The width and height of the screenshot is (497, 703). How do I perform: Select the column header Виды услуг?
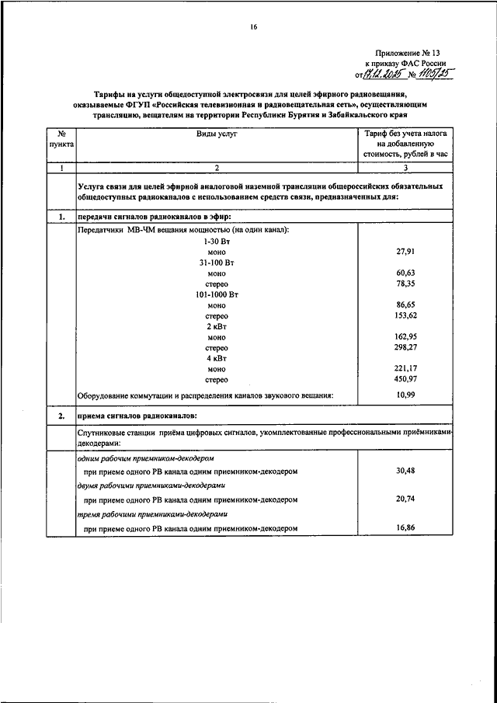click(x=217, y=134)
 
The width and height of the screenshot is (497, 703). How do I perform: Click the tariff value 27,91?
click(x=406, y=252)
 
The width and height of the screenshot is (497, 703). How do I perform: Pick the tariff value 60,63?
click(x=406, y=273)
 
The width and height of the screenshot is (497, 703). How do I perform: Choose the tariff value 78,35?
click(x=406, y=284)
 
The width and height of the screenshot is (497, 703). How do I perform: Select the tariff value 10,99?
click(x=406, y=395)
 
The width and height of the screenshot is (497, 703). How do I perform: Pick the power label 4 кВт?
click(x=217, y=359)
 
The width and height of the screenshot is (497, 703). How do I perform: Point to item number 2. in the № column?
click(x=61, y=417)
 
